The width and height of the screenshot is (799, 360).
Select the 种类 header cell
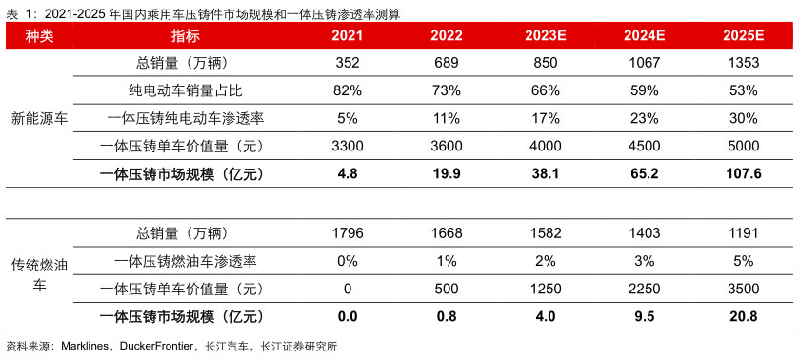coord(40,36)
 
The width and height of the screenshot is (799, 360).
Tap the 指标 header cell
coord(186,36)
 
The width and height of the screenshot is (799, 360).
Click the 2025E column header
coord(741,36)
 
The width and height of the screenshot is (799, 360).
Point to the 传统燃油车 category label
coord(40,274)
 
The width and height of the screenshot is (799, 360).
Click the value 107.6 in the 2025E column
coord(741,173)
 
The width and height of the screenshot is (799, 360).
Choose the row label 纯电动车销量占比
coord(186,91)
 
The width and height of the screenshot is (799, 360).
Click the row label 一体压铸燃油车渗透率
coord(186,261)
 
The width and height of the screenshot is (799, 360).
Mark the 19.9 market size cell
coord(447,173)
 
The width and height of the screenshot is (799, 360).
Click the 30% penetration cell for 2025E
coord(741,119)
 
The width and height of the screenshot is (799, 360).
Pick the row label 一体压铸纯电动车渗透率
coord(186,119)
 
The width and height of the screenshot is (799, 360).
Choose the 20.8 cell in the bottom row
coord(741,316)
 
